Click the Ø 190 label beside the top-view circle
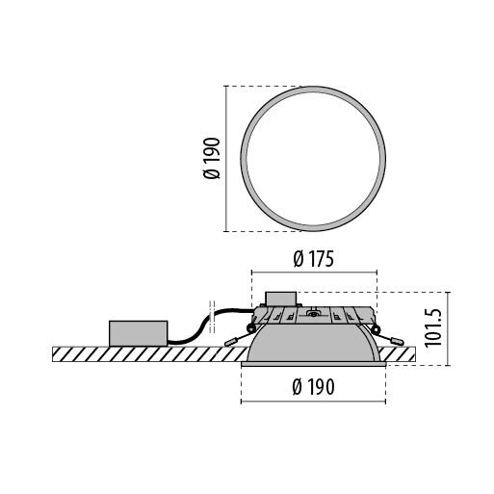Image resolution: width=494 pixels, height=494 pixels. pos(212,158)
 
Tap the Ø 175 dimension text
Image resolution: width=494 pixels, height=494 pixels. pos(314,259)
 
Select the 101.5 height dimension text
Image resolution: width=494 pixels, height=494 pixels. pos(433,328)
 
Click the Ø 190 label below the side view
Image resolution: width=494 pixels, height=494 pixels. pos(313,387)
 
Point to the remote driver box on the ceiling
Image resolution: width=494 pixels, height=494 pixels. pos(139,333)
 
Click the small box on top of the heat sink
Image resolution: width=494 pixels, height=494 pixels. pos(280,299)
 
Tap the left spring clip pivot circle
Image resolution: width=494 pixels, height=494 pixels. pos(250,328)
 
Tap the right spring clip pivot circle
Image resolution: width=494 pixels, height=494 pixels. pos(376,328)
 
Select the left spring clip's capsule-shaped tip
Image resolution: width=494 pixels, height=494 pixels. pos(230,343)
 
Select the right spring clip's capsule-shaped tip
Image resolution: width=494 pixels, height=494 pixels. pos(397,342)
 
